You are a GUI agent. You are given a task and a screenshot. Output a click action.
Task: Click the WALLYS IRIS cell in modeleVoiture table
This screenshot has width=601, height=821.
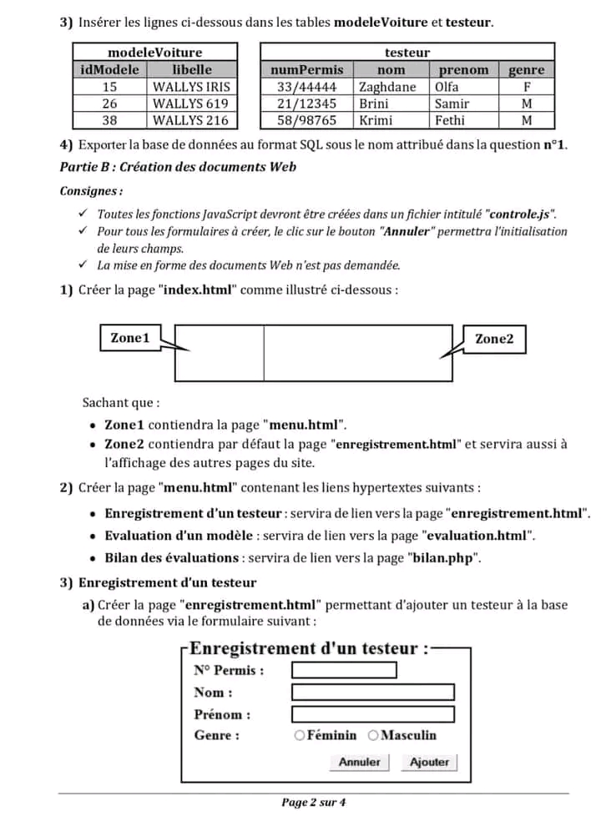pos(191,87)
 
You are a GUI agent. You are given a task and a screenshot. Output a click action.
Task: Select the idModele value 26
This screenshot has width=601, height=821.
pos(110,103)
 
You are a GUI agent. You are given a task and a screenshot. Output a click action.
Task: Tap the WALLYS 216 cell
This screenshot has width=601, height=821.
pos(191,120)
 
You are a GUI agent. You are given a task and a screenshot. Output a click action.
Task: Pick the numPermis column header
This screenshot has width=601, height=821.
pos(306,70)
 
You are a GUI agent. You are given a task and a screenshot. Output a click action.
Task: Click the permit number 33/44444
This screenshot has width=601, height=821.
pos(306,87)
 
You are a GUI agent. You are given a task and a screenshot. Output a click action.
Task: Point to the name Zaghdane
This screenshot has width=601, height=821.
pos(387,87)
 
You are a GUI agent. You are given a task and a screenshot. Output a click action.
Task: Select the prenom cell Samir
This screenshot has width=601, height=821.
pos(452,103)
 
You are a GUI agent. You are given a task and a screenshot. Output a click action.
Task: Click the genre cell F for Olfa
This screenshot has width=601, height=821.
pos(526,87)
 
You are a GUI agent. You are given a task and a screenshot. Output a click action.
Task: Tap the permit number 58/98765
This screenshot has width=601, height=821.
pos(306,120)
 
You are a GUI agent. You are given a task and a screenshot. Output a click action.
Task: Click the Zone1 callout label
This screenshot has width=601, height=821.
pos(130,338)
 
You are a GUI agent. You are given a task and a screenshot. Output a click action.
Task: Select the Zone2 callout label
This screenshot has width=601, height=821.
pos(494,339)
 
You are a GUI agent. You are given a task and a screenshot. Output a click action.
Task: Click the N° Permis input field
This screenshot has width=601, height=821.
pos(343,670)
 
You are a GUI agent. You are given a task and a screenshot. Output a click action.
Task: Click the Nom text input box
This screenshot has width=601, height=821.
pos(372,692)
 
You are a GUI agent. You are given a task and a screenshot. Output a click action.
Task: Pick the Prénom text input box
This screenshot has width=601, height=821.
pos(372,714)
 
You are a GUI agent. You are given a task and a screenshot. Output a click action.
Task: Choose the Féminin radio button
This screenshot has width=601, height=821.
pos(299,735)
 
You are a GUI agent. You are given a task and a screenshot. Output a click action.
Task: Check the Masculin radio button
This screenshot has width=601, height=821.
pos(373,735)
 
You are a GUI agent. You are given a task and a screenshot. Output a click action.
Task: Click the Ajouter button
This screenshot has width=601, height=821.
pos(429,762)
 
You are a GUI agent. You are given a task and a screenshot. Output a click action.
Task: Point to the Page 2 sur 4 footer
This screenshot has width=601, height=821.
pos(314,803)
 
